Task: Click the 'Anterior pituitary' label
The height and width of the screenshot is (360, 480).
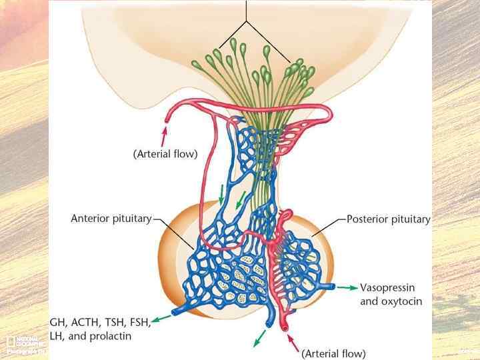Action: [111, 219]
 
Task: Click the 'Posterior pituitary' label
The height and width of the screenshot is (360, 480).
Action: [389, 219]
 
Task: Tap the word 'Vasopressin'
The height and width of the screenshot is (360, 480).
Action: [387, 288]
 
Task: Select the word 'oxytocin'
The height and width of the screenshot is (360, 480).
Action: [401, 301]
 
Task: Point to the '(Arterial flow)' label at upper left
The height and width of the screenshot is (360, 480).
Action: [165, 154]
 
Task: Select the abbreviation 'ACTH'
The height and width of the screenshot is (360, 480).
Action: [87, 323]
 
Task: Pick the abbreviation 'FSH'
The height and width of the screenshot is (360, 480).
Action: [139, 323]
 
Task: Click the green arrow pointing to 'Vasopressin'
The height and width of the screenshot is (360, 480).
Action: [347, 288]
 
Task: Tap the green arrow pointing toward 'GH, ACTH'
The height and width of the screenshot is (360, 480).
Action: [161, 316]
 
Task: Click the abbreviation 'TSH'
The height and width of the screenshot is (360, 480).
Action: [114, 323]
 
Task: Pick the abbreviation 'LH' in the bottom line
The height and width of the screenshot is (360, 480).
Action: [57, 336]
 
